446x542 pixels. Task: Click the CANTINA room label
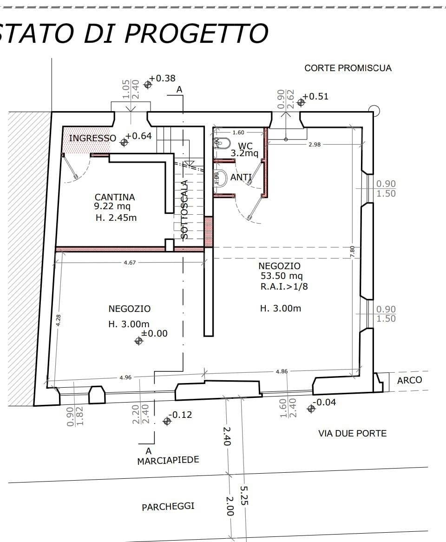click(115, 197)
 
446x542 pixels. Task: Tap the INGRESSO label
click(92, 138)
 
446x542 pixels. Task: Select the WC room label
click(245, 146)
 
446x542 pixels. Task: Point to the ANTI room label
click(241, 177)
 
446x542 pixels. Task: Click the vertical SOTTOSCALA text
click(184, 210)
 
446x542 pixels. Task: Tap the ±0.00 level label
click(154, 333)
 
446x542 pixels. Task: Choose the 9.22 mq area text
click(112, 206)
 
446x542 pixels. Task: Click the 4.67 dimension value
click(130, 263)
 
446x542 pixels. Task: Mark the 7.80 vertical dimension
click(352, 251)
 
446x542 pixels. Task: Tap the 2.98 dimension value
click(315, 145)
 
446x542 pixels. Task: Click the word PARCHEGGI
click(168, 506)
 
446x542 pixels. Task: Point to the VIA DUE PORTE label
click(352, 433)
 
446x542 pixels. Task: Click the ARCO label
click(409, 380)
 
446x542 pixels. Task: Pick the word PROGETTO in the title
click(197, 33)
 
